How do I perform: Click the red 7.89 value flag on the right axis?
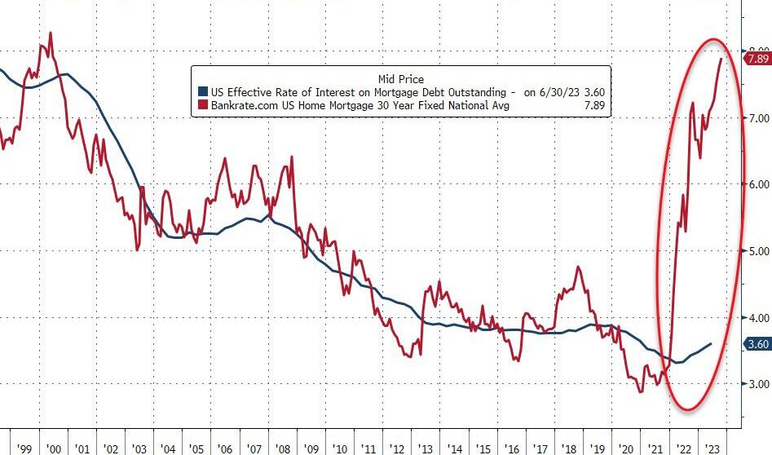[x=757, y=59]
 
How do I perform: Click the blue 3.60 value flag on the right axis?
[x=757, y=344]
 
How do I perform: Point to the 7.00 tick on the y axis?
[x=758, y=119]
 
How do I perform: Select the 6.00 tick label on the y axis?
[x=758, y=185]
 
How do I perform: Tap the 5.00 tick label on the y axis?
[x=758, y=251]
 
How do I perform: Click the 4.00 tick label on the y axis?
[x=758, y=318]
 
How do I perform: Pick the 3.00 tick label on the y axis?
[x=758, y=384]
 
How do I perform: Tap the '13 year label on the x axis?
[x=426, y=448]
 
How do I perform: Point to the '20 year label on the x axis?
[x=627, y=448]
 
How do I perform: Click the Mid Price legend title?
[x=400, y=78]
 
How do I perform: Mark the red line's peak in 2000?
[x=51, y=33]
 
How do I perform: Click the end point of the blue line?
[x=711, y=343]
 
